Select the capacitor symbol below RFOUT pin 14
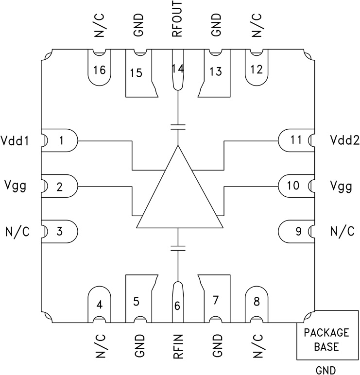pyautogui.click(x=179, y=127)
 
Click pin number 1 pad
pyautogui.click(x=60, y=141)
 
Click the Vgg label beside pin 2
pyautogui.click(x=15, y=186)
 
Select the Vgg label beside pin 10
pyautogui.click(x=341, y=186)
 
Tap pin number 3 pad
pyautogui.click(x=60, y=231)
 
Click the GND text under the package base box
pyautogui.click(x=326, y=370)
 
